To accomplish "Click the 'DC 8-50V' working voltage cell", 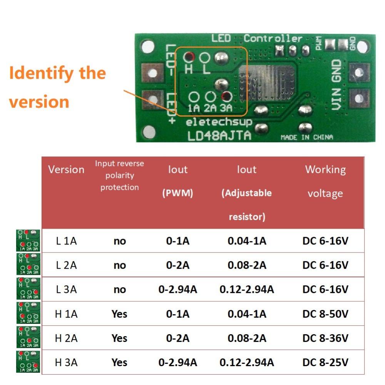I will pos(325,314).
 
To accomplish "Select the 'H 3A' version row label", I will pos(66,362).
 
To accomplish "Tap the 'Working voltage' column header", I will pos(325,181).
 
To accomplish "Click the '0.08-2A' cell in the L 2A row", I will pos(247,265).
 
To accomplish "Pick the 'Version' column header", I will pos(66,169).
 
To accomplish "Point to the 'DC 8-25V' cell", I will pos(325,362).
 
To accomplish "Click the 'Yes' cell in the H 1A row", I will pos(119,314).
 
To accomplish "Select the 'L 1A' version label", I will pos(66,241).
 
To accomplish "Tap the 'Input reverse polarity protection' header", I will pos(119,175).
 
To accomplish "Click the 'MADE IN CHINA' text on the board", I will pos(306,137).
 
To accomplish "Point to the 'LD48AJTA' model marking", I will pos(219,136).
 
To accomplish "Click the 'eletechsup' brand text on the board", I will pos(219,122).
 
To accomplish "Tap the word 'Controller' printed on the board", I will pos(273,38).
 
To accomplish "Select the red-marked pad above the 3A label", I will pos(226,96).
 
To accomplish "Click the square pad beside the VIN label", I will pos(359,98).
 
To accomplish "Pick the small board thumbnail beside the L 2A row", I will pos(28,264).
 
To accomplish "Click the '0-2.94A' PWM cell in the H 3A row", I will pos(177,362).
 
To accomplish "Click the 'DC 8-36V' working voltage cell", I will pos(325,338).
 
